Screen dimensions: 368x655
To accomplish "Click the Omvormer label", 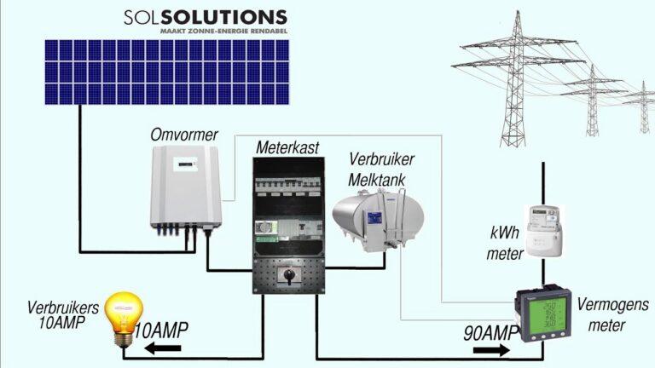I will pyautogui.click(x=184, y=135).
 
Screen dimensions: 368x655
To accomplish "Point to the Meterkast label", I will pyautogui.click(x=287, y=148).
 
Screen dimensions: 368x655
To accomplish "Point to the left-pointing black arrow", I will pyautogui.click(x=156, y=348).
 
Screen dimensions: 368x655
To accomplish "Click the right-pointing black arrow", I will pyautogui.click(x=487, y=348).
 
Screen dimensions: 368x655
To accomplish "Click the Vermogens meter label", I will pyautogui.click(x=612, y=313).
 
